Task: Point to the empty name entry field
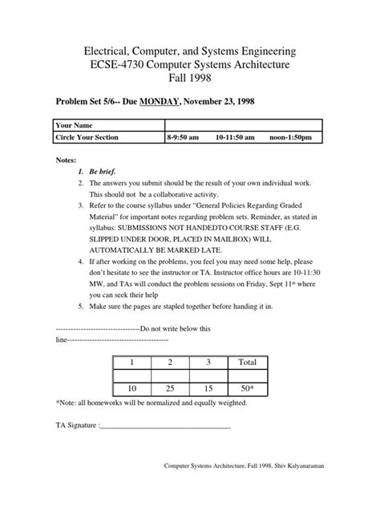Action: point(243,126)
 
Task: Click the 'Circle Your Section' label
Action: point(87,138)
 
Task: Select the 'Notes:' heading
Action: point(65,160)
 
